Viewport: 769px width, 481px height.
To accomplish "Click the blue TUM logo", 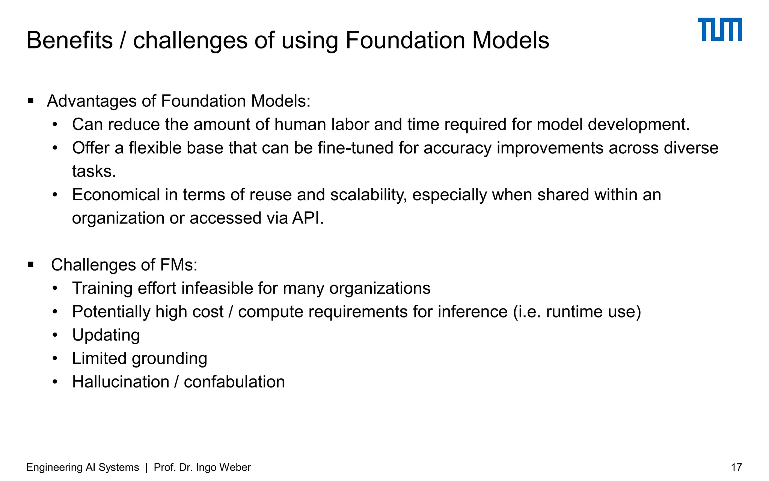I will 719,29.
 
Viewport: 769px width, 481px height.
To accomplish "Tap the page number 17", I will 736,467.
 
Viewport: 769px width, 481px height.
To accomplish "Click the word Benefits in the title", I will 69,40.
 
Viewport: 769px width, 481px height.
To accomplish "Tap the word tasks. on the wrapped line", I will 94,171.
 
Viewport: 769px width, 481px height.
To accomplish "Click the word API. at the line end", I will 308,218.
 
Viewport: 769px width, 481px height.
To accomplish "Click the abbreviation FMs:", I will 178,265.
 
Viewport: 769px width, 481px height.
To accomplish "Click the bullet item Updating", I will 106,335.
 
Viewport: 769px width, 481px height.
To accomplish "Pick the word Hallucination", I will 121,382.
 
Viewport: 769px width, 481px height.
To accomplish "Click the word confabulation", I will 234,382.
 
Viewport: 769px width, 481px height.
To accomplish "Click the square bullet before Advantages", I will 31,101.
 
